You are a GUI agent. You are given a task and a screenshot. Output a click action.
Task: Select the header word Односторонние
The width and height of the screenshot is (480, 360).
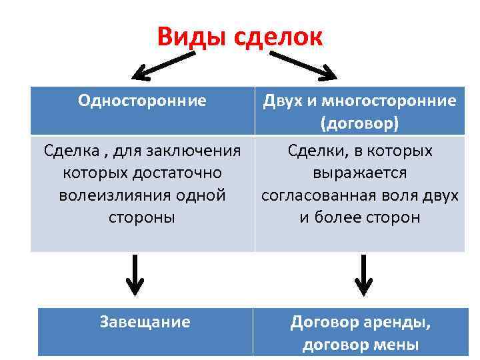point(142,101)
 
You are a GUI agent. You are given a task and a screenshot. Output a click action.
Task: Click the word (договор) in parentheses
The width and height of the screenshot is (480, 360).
point(360,123)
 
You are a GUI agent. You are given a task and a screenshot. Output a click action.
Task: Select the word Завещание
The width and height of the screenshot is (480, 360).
point(145,322)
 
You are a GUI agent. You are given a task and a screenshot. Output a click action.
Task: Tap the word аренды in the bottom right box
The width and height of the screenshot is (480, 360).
point(400,323)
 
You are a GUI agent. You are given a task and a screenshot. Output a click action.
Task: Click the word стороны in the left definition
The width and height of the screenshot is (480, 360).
point(142,217)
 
